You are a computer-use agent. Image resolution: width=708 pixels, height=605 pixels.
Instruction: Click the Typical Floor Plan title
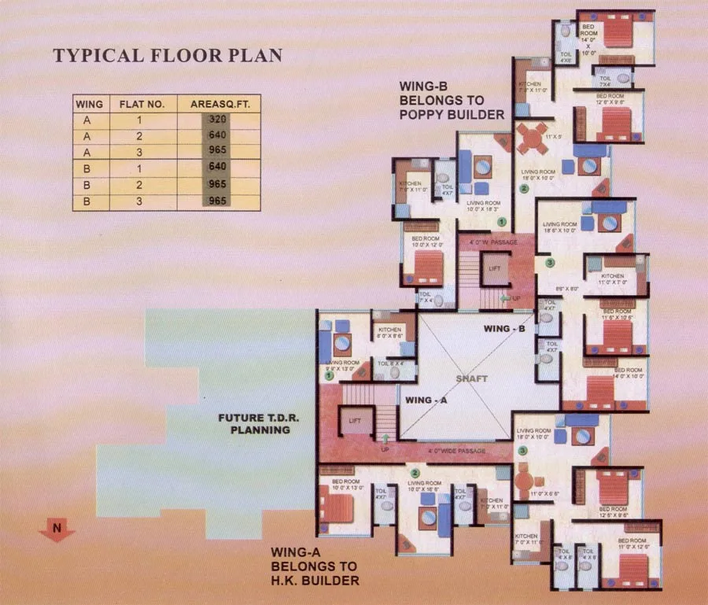(x=167, y=57)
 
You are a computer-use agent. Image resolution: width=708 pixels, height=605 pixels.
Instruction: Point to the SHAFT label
(x=472, y=379)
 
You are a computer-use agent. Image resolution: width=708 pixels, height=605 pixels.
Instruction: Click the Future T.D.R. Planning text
(x=254, y=424)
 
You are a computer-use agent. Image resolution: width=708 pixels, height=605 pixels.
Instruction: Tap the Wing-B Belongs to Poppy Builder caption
(x=452, y=100)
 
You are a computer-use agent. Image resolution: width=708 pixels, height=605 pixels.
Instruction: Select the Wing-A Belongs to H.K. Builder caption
(x=315, y=566)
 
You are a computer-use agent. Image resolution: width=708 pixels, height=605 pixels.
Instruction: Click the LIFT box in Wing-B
(x=495, y=269)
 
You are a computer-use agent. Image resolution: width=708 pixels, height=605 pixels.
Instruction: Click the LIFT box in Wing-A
(x=355, y=422)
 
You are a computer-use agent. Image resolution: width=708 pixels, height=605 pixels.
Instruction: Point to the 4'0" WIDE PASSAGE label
(x=456, y=451)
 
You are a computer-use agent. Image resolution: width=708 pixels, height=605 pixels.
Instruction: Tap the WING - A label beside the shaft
(x=427, y=400)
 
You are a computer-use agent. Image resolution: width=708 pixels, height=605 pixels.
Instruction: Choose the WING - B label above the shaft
(x=503, y=329)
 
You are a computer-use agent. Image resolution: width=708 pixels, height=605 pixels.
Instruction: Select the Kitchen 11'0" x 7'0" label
(x=613, y=279)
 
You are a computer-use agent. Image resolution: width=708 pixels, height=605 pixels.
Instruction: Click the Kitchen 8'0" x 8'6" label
(x=391, y=333)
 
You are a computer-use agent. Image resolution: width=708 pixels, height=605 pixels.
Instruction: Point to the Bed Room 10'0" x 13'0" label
(x=346, y=485)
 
